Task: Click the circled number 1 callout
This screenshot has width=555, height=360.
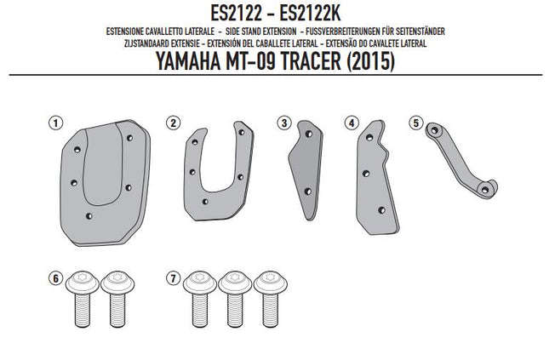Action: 55,123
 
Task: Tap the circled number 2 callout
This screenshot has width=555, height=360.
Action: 173,123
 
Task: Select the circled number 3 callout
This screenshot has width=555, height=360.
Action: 283,123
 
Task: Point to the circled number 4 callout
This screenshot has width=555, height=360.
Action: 350,123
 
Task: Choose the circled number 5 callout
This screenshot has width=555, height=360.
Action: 416,122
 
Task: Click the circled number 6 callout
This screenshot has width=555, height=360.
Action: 55,277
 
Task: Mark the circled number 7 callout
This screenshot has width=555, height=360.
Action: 174,277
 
